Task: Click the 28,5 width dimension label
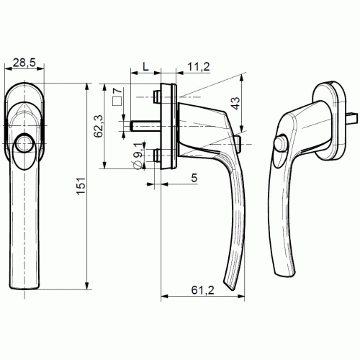(24, 63)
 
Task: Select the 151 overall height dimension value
(81, 186)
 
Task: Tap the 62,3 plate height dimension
(98, 126)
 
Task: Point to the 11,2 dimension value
(199, 67)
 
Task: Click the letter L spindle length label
(145, 67)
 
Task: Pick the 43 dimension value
(236, 103)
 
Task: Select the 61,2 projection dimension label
(202, 290)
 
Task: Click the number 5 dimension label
(194, 178)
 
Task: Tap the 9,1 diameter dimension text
(138, 150)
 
